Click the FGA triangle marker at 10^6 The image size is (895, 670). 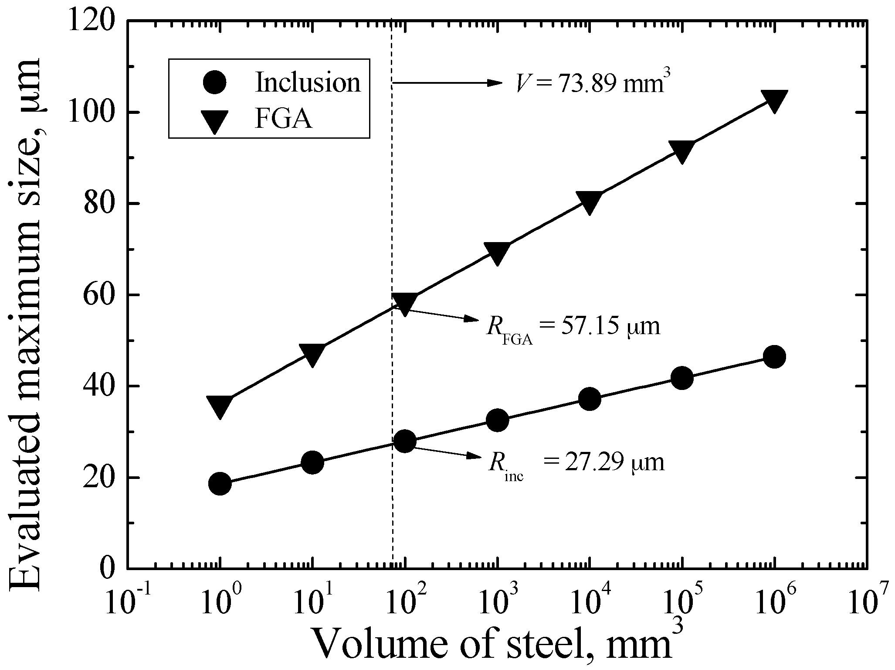tap(774, 100)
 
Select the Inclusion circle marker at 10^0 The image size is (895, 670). tap(220, 483)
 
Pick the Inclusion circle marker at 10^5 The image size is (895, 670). tap(682, 378)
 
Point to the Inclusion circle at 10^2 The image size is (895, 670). tap(405, 441)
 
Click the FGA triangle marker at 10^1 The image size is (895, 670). tap(312, 354)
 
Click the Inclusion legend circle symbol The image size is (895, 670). tap(214, 82)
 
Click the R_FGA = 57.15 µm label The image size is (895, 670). tap(573, 328)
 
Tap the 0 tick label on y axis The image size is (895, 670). tap(108, 568)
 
